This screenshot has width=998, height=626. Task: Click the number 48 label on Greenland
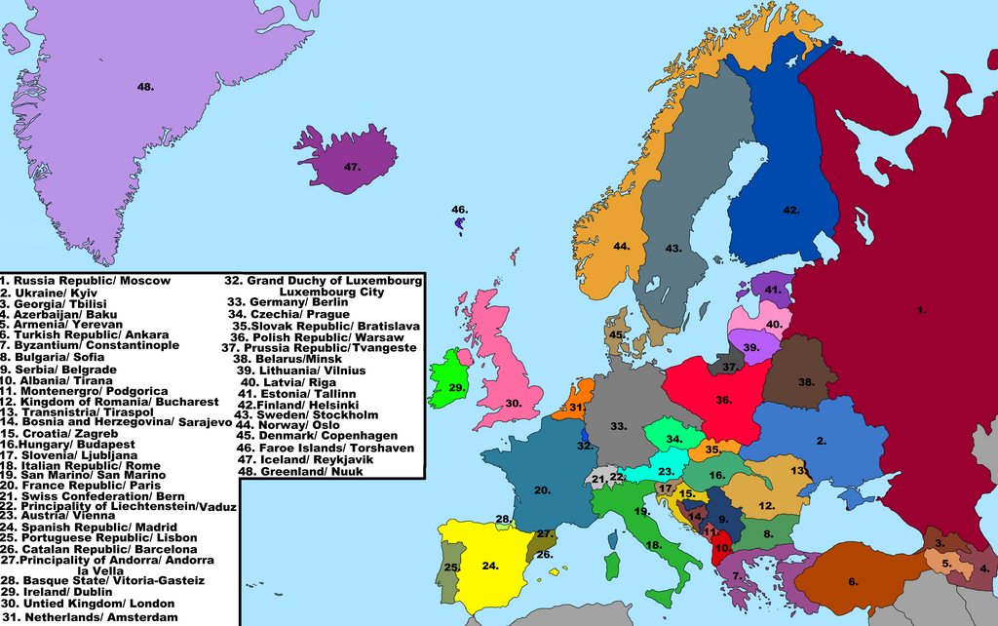(x=145, y=87)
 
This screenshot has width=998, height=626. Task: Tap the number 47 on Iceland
(x=352, y=167)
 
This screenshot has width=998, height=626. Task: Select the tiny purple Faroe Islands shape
(x=460, y=225)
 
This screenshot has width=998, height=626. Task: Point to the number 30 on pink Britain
(x=513, y=403)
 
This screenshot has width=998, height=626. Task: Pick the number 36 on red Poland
(x=723, y=399)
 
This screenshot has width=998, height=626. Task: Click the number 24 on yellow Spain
(x=490, y=565)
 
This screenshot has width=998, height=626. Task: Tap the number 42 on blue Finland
(x=790, y=210)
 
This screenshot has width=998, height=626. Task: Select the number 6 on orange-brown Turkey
(x=853, y=582)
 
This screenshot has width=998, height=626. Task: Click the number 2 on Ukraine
(x=822, y=441)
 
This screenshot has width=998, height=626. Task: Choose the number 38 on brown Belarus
(x=805, y=382)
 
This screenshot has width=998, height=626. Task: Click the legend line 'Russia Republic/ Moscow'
(x=86, y=281)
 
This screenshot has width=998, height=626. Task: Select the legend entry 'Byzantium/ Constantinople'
(x=90, y=345)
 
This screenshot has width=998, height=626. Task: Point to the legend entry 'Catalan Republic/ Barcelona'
(x=99, y=549)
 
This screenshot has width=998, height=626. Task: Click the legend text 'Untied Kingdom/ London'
(x=89, y=604)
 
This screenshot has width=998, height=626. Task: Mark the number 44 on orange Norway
(x=621, y=246)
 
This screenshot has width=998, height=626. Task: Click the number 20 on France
(x=542, y=489)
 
